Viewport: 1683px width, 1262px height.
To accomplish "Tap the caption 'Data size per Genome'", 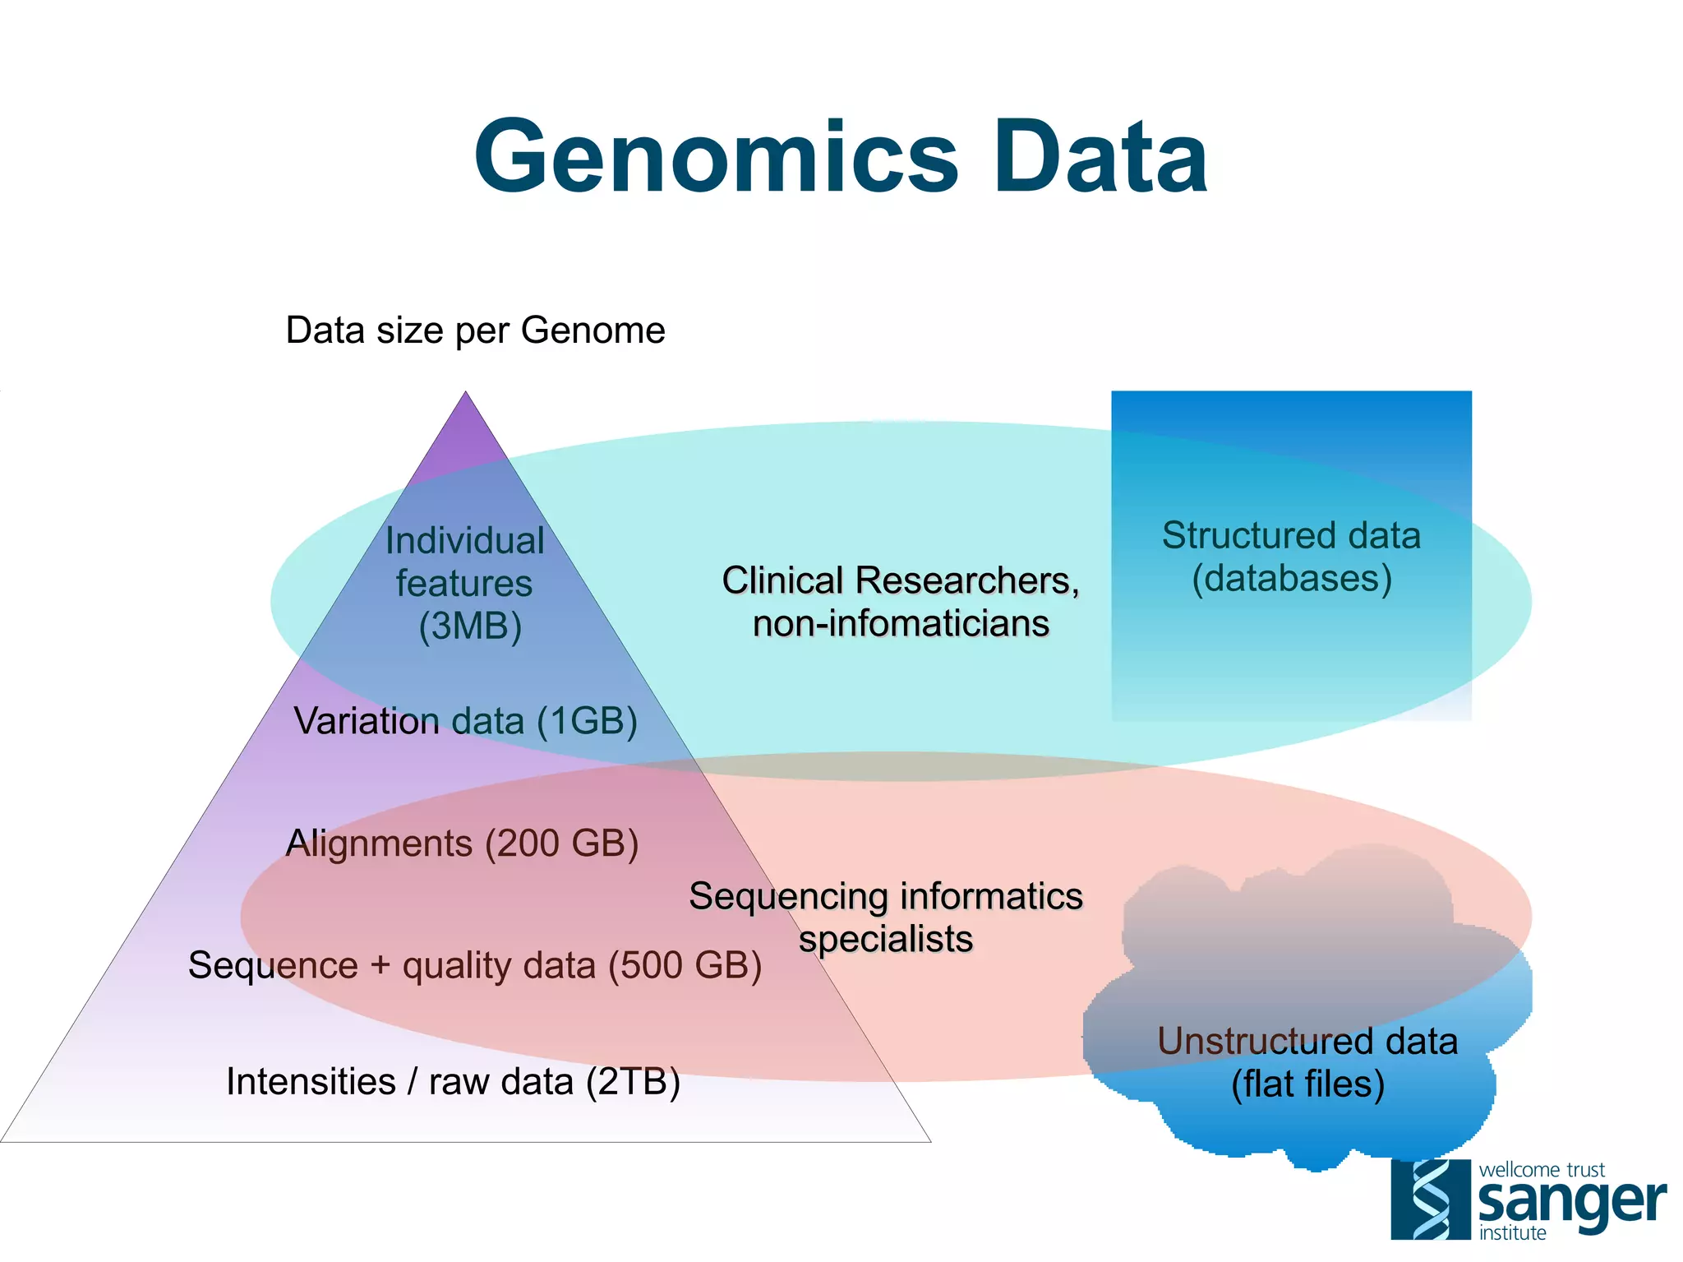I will point(475,331).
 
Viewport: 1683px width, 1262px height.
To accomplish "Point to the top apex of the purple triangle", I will point(466,394).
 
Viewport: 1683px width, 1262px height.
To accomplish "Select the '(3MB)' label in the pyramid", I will point(470,626).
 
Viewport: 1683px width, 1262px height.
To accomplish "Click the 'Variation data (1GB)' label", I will point(466,721).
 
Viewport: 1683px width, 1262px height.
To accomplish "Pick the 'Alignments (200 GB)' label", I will point(462,844).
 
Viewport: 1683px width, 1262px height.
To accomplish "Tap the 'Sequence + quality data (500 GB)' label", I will point(475,965).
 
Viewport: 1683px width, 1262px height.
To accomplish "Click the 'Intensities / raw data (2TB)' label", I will point(453,1082).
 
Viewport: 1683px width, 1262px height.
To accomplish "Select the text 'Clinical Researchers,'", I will point(901,580).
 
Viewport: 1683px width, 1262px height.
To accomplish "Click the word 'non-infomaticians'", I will point(901,623).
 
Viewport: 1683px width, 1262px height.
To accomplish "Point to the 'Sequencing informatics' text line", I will point(886,896).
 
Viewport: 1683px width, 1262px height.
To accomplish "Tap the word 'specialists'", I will point(886,939).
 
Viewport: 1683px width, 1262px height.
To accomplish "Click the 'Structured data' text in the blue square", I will point(1291,535).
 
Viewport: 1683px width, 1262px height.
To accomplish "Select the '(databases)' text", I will point(1292,578).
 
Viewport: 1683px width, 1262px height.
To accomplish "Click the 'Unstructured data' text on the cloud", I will point(1307,1041).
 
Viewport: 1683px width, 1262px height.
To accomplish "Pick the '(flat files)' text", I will point(1307,1084).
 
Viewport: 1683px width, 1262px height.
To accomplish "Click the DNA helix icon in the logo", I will point(1430,1200).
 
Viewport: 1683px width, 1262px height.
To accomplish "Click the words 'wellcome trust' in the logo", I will point(1542,1170).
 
